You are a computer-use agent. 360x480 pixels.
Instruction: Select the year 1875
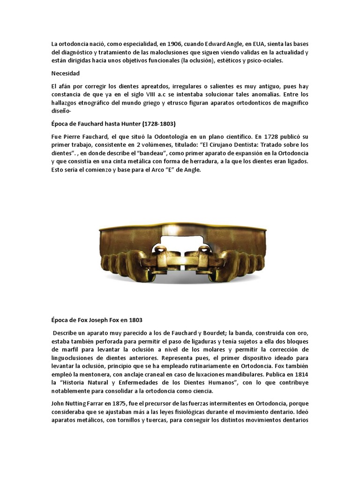[125, 403]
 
